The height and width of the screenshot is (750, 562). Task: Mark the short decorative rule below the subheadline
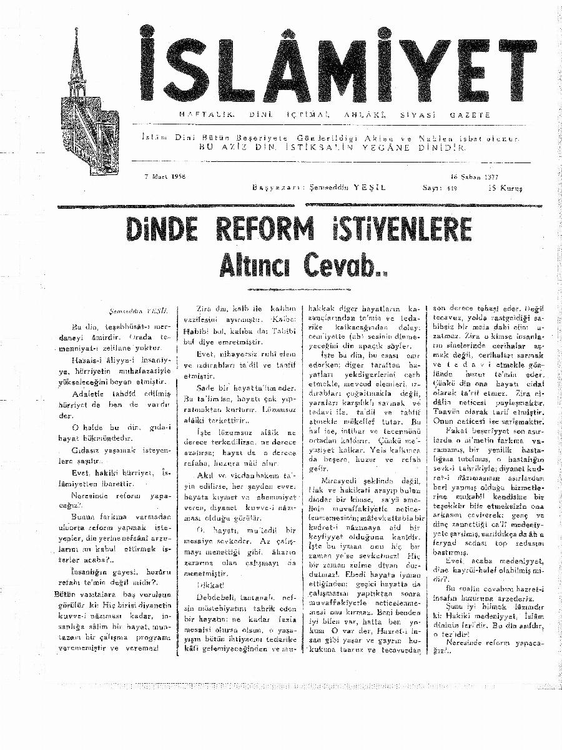pyautogui.click(x=282, y=289)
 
